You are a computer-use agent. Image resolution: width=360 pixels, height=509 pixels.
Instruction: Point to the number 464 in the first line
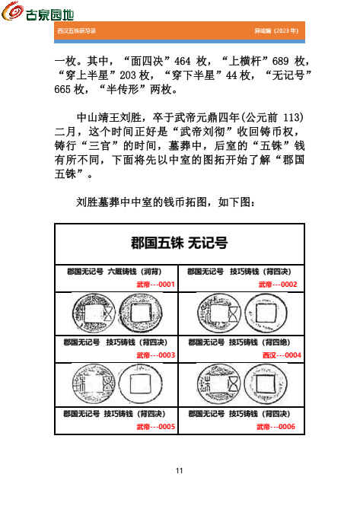pos(184,61)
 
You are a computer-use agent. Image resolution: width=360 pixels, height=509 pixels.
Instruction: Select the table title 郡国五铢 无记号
pos(180,243)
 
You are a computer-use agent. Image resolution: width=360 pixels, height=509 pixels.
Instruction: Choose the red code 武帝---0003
pos(156,355)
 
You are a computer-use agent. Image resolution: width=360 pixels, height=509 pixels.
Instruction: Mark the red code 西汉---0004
pos(282,355)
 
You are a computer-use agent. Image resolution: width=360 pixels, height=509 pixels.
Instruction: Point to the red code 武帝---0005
pos(156,426)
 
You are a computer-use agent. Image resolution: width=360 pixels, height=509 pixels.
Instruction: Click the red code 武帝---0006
pos(278,426)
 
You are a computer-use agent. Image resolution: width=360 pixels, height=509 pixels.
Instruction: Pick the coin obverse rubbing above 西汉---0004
pos(215,313)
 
